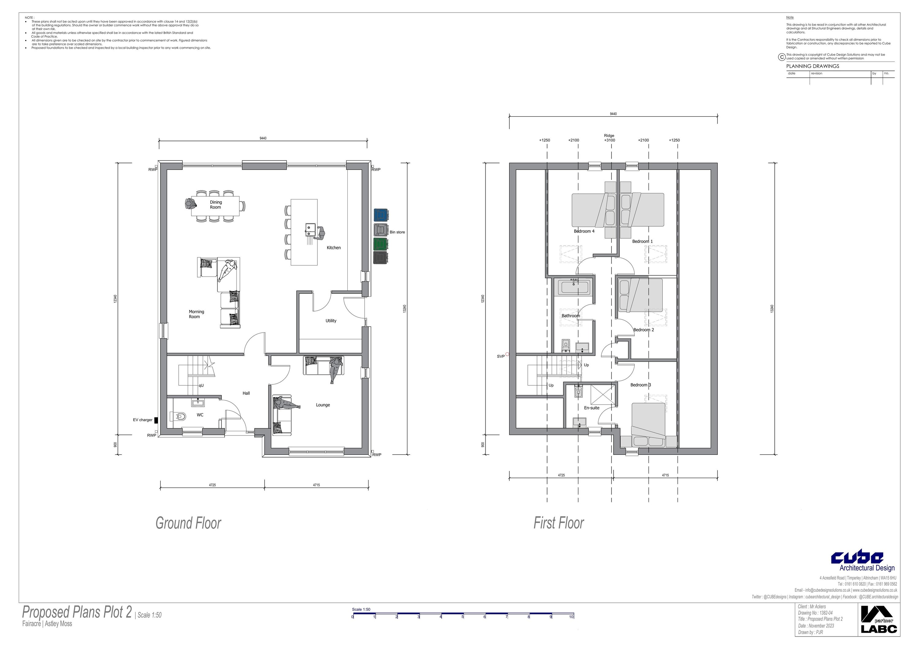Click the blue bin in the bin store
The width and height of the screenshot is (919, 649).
[381, 215]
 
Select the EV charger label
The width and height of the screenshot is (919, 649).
[143, 420]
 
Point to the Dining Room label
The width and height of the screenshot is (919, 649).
[216, 205]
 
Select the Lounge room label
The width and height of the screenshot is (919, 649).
[323, 405]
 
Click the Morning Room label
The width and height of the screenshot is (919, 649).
[196, 314]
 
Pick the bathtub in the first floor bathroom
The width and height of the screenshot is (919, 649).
[574, 287]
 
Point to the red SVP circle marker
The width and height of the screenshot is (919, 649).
[507, 354]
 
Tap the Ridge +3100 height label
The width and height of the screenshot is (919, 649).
[609, 138]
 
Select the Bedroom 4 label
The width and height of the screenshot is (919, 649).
[584, 231]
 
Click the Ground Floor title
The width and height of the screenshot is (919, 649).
[188, 523]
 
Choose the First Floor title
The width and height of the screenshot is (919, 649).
[559, 523]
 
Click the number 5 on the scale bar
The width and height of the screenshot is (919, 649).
[463, 617]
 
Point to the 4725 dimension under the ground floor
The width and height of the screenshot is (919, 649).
[212, 485]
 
